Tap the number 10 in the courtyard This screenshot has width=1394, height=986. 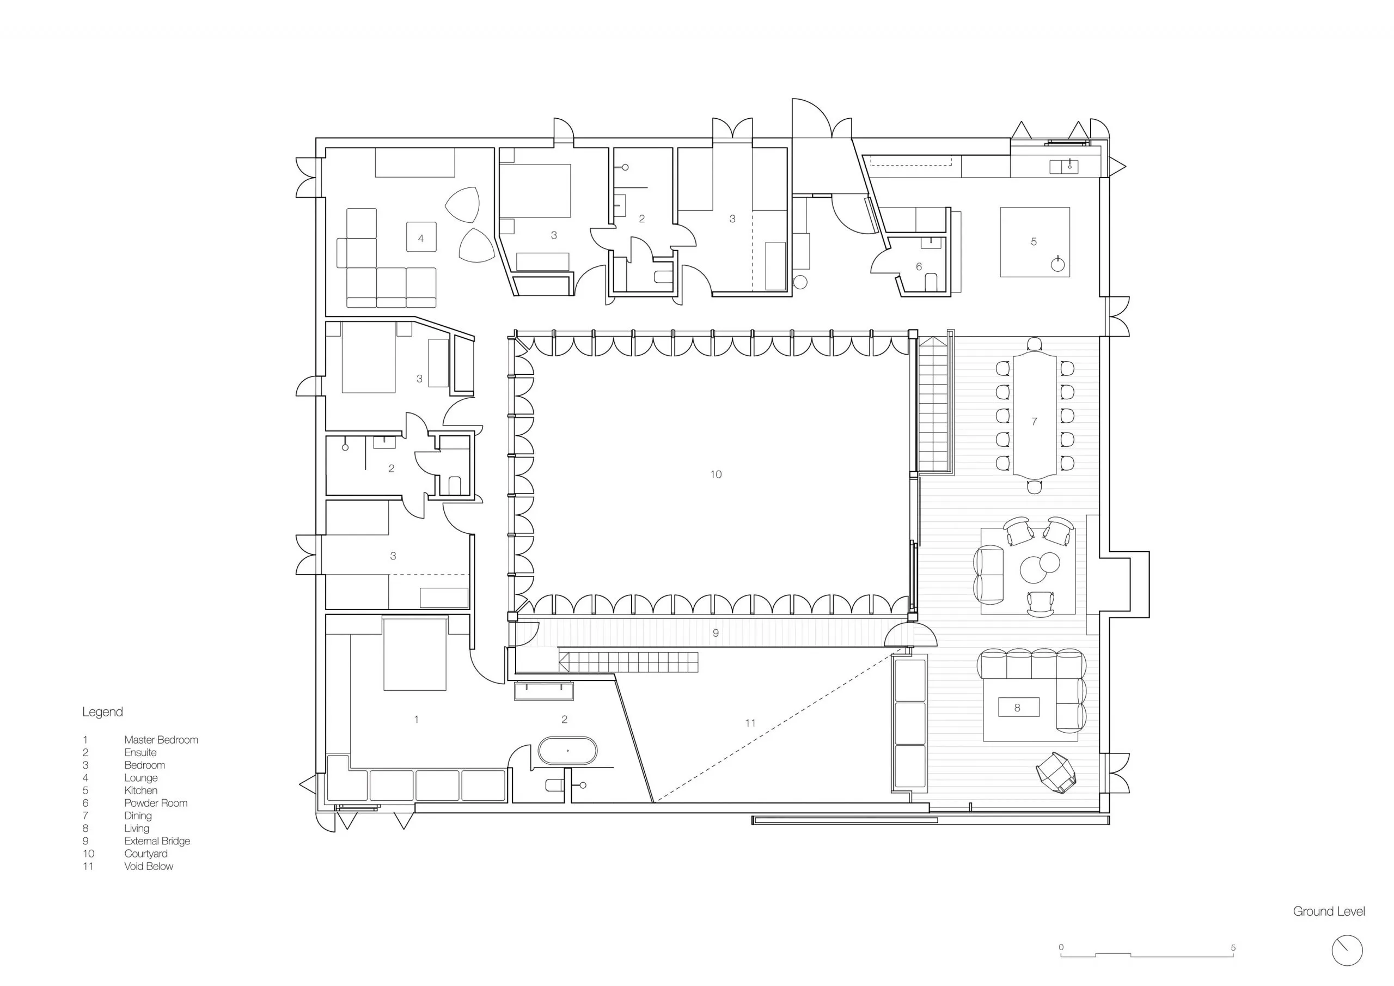716,474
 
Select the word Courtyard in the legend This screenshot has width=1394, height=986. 146,854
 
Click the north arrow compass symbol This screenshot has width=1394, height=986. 1347,951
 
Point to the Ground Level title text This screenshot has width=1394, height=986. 1329,911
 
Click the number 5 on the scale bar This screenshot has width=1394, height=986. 1233,948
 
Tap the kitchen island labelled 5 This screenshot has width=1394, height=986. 1035,242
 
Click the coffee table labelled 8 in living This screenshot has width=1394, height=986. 1018,707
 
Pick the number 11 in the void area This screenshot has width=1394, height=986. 750,723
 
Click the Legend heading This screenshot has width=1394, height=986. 102,712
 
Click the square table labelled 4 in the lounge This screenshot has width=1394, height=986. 421,238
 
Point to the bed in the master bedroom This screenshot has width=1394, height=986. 415,655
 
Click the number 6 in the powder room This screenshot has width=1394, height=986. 919,267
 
